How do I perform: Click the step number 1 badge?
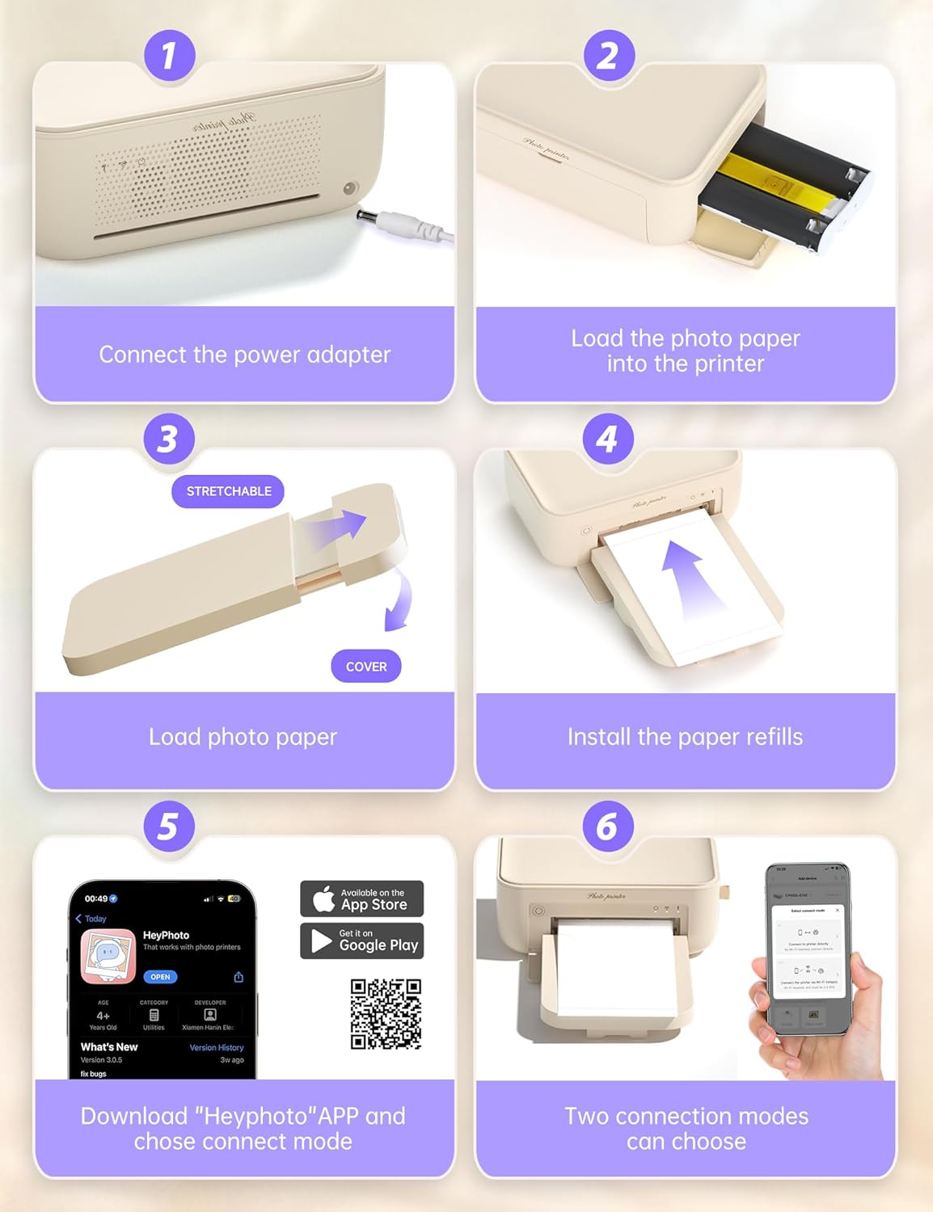point(168,56)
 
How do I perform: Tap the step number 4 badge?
point(607,439)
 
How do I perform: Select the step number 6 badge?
point(607,827)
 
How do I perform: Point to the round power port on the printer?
point(350,187)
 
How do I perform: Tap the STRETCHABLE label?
point(228,491)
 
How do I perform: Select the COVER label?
point(366,667)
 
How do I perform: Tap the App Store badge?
point(361,898)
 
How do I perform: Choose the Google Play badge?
point(361,941)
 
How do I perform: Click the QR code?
point(386,1014)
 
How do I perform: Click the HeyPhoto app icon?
point(108,956)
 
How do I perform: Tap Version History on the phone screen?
point(216,1047)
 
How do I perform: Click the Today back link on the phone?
point(92,919)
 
